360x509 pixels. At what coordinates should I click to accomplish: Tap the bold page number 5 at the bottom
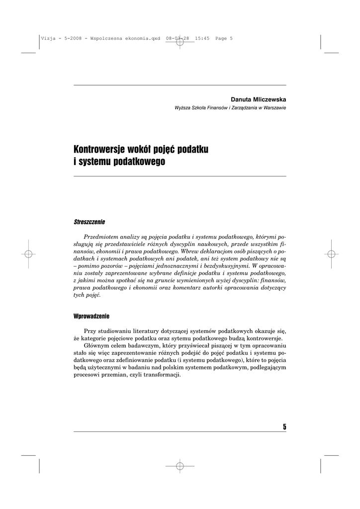point(284,426)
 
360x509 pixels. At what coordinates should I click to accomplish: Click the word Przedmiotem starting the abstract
point(104,237)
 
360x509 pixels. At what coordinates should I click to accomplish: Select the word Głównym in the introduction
point(97,345)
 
